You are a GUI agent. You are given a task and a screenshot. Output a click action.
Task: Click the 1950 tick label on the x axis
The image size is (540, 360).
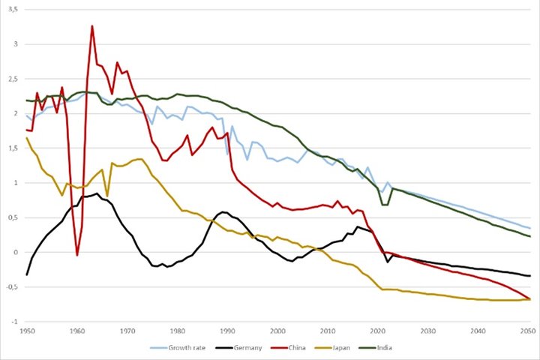(x=27, y=331)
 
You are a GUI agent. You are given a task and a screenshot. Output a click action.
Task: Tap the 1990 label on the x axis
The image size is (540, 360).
(x=227, y=331)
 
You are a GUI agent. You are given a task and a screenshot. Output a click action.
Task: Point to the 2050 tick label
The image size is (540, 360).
(x=528, y=331)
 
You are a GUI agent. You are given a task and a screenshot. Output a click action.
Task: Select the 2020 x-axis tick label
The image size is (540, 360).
(x=377, y=331)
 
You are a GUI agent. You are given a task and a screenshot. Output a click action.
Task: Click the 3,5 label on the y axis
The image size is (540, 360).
(x=13, y=9)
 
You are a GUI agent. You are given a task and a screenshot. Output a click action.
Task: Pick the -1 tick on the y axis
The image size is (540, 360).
(x=14, y=322)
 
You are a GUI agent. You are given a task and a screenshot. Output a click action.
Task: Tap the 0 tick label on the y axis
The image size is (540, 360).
(x=16, y=252)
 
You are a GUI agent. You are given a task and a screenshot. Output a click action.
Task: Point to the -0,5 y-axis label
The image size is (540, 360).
(x=13, y=287)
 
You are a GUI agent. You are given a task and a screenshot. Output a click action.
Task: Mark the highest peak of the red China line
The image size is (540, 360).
(x=92, y=25)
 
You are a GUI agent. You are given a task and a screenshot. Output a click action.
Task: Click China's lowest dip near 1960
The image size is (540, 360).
(x=77, y=255)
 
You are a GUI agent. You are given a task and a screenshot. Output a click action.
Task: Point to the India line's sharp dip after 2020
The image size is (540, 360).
(x=385, y=205)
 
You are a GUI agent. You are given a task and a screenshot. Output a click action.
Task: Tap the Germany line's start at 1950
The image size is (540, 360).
(x=27, y=274)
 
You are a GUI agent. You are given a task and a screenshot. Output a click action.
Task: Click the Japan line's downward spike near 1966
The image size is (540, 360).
(x=107, y=196)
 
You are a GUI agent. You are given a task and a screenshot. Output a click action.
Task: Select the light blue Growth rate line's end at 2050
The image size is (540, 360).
(x=530, y=228)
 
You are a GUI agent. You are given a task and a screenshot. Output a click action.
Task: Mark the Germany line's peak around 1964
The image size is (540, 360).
(x=97, y=193)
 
